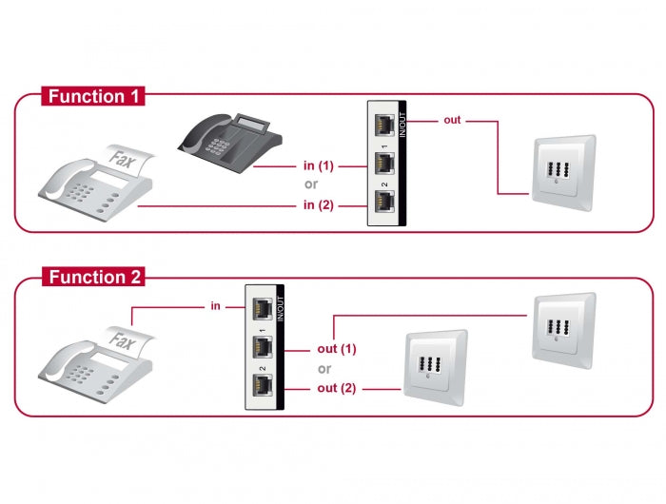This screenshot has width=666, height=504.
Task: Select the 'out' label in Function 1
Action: tap(452, 121)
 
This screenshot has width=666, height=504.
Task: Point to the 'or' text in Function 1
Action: tap(310, 184)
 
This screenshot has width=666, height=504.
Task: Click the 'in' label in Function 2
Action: tap(216, 306)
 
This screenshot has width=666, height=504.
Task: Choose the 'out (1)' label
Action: tap(337, 349)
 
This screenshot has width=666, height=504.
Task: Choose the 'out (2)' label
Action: tap(337, 388)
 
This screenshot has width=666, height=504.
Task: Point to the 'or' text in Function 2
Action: tap(325, 369)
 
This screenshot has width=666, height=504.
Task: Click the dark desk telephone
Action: tap(228, 143)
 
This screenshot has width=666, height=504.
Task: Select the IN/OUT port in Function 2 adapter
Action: tap(261, 308)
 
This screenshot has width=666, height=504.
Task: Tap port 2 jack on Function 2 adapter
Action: tap(261, 386)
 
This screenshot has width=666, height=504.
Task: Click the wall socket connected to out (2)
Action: tap(436, 365)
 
